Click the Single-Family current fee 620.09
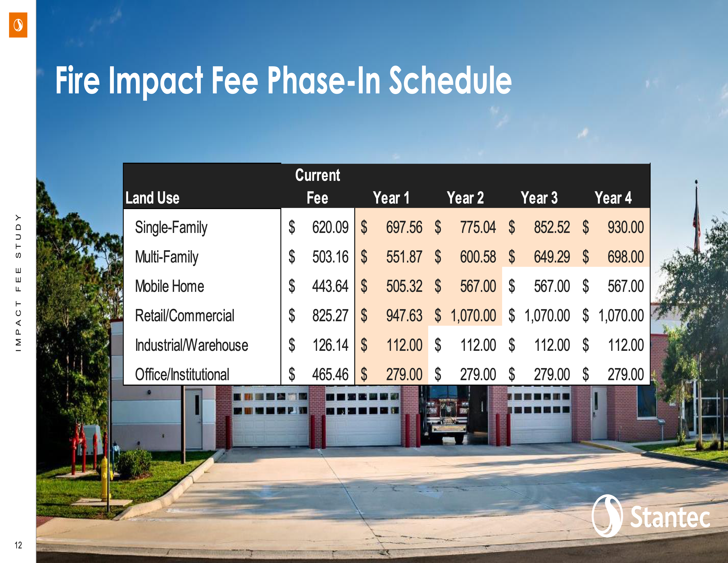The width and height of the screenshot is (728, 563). point(330,227)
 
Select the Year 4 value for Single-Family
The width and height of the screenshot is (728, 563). point(626,227)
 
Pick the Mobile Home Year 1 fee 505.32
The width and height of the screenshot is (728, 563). point(404,286)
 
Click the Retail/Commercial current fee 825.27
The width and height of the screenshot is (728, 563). point(330,316)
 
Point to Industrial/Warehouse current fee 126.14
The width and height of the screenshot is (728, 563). point(330,345)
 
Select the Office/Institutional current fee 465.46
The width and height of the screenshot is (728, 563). point(330,374)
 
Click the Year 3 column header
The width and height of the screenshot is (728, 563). point(539,198)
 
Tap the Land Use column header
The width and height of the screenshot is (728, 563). point(152,198)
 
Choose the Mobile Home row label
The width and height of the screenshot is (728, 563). point(169,286)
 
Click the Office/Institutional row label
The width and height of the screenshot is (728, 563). point(182,374)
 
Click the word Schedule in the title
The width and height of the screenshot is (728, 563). point(450,80)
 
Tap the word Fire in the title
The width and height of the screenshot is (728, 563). point(77,80)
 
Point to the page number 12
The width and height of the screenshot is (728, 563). point(18,545)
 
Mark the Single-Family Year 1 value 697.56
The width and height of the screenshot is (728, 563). point(404,227)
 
